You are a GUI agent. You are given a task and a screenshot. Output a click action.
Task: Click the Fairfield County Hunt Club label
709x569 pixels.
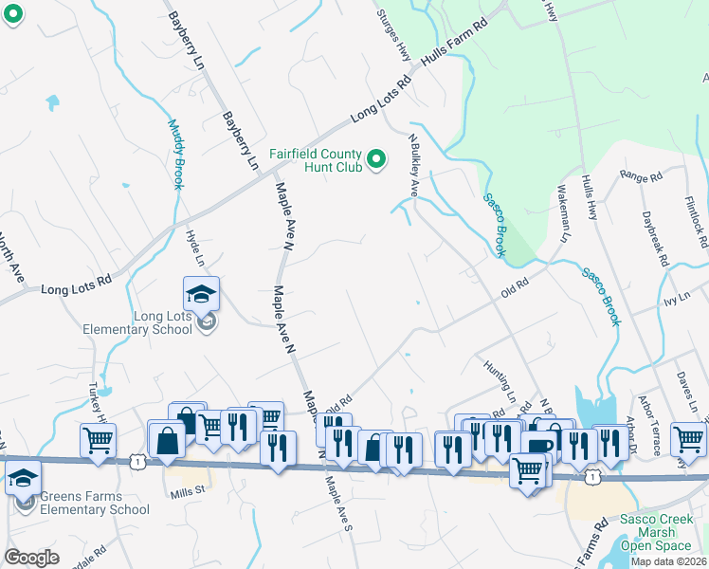click(316, 160)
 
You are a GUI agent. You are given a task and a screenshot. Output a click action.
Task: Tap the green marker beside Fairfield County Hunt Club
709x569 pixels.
click(376, 159)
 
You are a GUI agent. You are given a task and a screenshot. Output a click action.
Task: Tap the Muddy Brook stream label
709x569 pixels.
click(175, 153)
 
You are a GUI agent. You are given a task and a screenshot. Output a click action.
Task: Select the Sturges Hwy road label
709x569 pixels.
click(392, 37)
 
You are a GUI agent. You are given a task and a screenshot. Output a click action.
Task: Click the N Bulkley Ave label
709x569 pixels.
click(413, 165)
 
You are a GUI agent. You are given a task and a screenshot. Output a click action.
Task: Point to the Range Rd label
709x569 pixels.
click(641, 175)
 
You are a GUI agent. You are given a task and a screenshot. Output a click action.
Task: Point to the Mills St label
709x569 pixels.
click(188, 491)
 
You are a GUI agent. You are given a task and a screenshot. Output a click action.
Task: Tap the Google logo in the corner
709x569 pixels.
click(31, 557)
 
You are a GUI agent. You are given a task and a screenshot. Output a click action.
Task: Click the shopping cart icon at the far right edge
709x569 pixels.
click(688, 439)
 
